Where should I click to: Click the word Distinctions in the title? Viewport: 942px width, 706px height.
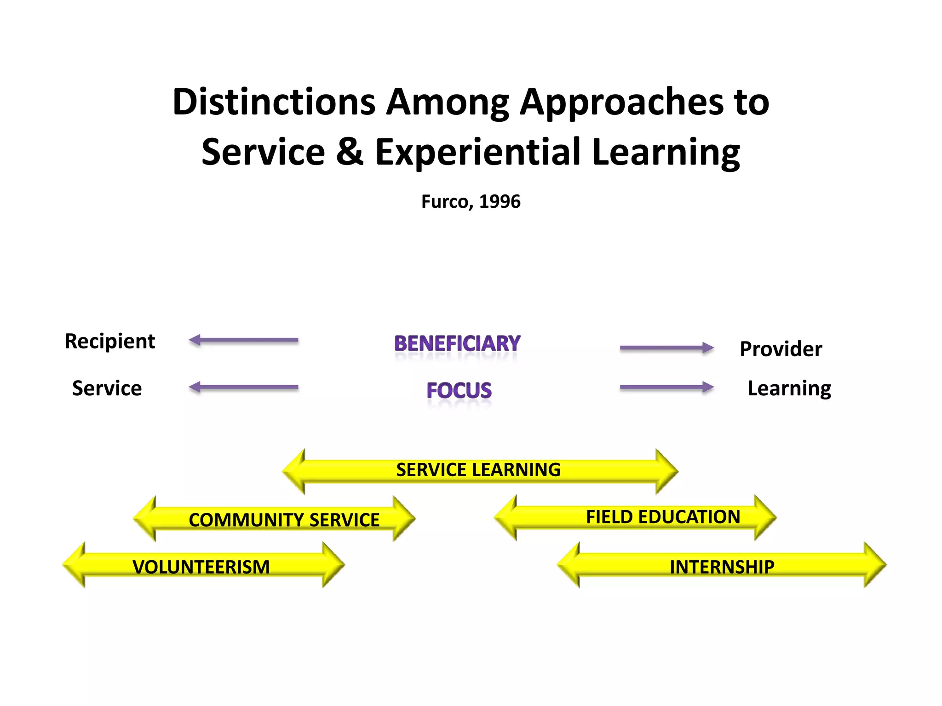[274, 102]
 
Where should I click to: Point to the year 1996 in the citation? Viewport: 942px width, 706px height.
[500, 202]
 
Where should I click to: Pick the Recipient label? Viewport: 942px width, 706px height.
[110, 342]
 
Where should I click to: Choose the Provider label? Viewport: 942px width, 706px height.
[781, 349]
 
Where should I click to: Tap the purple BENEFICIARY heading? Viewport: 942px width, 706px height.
[457, 344]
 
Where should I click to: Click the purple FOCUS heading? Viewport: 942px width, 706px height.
[459, 391]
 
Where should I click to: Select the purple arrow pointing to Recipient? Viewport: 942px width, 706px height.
[244, 340]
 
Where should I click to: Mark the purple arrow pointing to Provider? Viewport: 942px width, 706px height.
[666, 348]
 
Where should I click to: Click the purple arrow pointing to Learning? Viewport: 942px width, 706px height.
[666, 387]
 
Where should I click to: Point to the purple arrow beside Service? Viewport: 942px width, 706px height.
[244, 387]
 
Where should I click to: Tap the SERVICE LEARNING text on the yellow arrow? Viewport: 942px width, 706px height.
[478, 470]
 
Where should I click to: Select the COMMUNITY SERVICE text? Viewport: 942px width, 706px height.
[284, 520]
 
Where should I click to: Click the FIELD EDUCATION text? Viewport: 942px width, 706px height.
[663, 517]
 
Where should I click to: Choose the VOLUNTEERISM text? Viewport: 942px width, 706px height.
[201, 567]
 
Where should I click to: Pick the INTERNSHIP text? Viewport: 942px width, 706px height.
[722, 567]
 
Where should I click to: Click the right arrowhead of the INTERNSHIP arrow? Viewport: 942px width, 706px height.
[874, 565]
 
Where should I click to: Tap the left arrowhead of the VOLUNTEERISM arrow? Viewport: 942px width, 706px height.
[75, 565]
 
